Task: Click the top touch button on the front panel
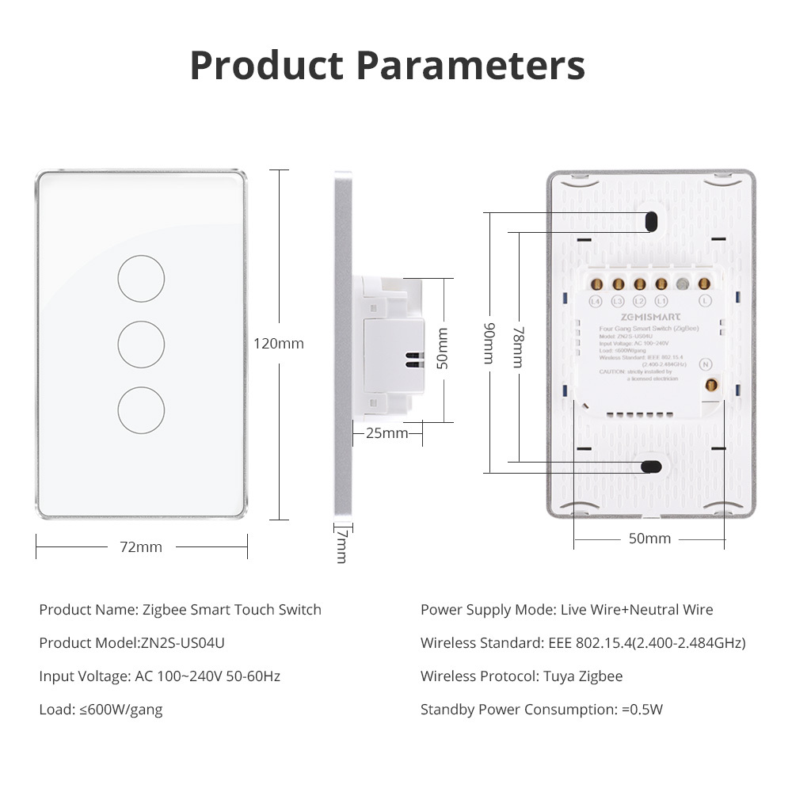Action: tap(141, 279)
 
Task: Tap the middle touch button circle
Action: tap(141, 345)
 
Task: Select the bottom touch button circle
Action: tap(141, 410)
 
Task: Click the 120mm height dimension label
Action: tap(279, 344)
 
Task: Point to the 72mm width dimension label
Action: tap(141, 547)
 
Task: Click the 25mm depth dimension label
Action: tap(387, 433)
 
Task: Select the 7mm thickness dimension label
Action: tap(341, 546)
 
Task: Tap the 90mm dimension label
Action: tap(489, 343)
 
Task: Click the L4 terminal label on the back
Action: tap(596, 301)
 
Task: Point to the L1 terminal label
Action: tap(661, 301)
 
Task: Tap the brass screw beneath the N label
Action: tap(710, 386)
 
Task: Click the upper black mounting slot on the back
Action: tap(652, 221)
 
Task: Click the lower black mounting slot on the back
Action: tap(652, 466)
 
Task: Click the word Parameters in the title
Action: tap(472, 67)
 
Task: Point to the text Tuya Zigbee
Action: tap(582, 676)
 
